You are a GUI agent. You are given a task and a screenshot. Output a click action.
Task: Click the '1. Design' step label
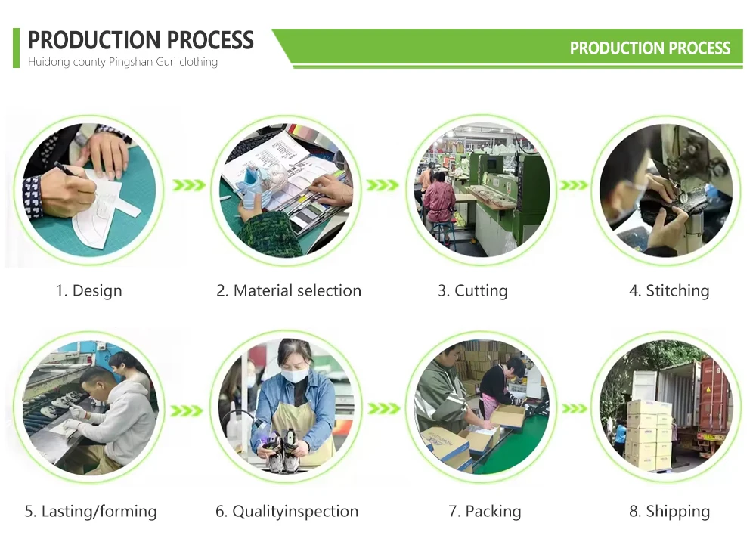pyautogui.click(x=88, y=290)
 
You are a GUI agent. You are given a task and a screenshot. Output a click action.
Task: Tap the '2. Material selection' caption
pyautogui.click(x=288, y=290)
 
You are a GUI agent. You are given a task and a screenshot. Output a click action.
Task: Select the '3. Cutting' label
pyautogui.click(x=472, y=290)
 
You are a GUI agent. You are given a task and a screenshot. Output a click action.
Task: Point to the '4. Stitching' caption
pyautogui.click(x=669, y=290)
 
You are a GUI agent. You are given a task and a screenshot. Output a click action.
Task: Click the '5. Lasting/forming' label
pyautogui.click(x=91, y=511)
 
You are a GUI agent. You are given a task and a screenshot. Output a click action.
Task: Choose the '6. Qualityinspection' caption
pyautogui.click(x=287, y=511)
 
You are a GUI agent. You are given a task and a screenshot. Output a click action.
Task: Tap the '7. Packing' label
pyautogui.click(x=485, y=511)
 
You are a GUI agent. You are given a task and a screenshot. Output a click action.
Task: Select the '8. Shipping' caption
pyautogui.click(x=669, y=511)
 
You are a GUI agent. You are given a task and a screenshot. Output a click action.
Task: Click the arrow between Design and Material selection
pyautogui.click(x=189, y=185)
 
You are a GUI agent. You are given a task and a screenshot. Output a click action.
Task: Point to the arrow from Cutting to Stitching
pyautogui.click(x=574, y=185)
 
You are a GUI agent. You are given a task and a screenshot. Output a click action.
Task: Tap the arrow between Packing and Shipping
pyautogui.click(x=575, y=409)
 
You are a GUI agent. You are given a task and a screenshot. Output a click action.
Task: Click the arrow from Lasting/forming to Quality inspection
pyautogui.click(x=187, y=410)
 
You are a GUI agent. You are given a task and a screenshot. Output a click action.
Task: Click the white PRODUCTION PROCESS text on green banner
pyautogui.click(x=650, y=48)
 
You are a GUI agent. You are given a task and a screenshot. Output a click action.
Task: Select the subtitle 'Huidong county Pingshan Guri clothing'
pyautogui.click(x=122, y=62)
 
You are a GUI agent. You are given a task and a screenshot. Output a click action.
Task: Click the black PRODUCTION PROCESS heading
pyautogui.click(x=141, y=39)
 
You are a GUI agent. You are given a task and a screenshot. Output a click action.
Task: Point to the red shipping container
pyautogui.click(x=715, y=398)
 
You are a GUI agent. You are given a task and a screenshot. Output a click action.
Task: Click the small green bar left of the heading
pyautogui.click(x=16, y=48)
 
